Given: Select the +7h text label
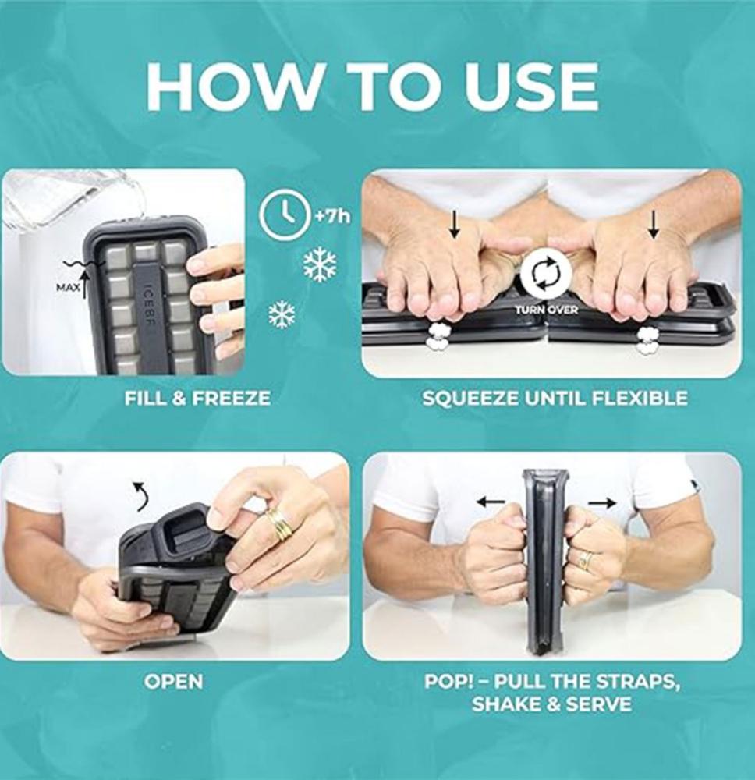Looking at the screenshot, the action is pos(331,216).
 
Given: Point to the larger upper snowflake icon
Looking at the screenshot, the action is pos(320,264).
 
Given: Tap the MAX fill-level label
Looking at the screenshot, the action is pos(68,288).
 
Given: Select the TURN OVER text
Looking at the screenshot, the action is pos(546,310).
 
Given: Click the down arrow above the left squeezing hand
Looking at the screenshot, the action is pos(454,224).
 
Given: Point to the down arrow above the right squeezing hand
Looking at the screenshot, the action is pos(654,224).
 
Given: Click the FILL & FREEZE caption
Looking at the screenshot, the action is pos(197,398).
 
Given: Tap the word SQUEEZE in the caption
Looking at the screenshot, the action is pos(471,398).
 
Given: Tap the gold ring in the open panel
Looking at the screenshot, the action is pos(280,525).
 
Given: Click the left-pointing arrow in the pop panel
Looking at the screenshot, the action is pos(491,502).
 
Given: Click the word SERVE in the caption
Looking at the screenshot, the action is pos(599,704).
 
